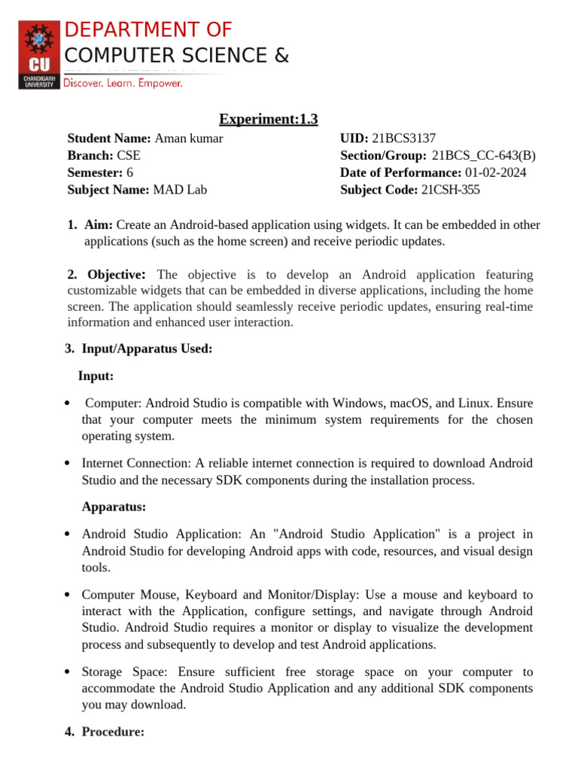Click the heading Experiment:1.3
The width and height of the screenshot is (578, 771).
pyautogui.click(x=268, y=119)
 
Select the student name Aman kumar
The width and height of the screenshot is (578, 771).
pyautogui.click(x=188, y=139)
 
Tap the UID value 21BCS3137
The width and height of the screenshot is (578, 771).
pyautogui.click(x=403, y=139)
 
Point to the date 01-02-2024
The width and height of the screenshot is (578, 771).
pyautogui.click(x=495, y=172)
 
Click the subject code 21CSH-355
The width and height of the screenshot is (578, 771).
pyautogui.click(x=450, y=190)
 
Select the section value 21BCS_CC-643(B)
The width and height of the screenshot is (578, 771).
pyautogui.click(x=484, y=156)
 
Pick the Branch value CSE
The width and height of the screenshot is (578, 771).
pyautogui.click(x=128, y=156)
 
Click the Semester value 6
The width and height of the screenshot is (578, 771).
pyautogui.click(x=129, y=172)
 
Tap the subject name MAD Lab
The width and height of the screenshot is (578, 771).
pyautogui.click(x=180, y=190)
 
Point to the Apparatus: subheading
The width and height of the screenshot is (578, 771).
pyautogui.click(x=114, y=507)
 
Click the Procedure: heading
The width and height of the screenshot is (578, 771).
pyautogui.click(x=113, y=731)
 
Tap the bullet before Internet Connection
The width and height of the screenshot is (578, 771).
pyautogui.click(x=68, y=464)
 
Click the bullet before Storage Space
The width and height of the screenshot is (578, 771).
pyautogui.click(x=68, y=672)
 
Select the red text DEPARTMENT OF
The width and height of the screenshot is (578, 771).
pyautogui.click(x=148, y=30)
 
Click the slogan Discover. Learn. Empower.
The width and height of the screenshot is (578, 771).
pyautogui.click(x=123, y=84)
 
